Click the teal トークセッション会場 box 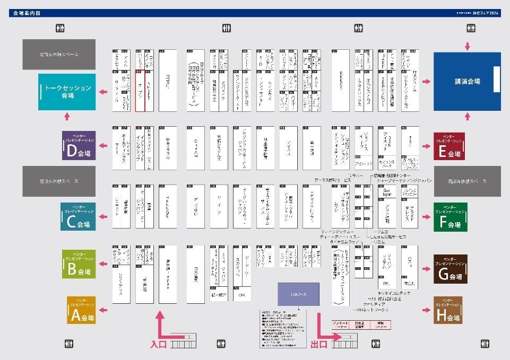tap(67, 92)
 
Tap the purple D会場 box tap(79, 145)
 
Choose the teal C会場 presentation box tap(79, 216)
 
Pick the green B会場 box tap(79, 264)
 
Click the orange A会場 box tap(81, 310)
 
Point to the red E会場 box tap(449, 146)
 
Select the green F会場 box tap(449, 216)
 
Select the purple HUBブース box tap(299, 294)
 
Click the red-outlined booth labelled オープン tap(140, 90)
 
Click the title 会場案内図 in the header tap(27, 12)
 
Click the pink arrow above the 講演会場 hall tap(467, 46)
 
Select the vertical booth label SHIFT tap(149, 90)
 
